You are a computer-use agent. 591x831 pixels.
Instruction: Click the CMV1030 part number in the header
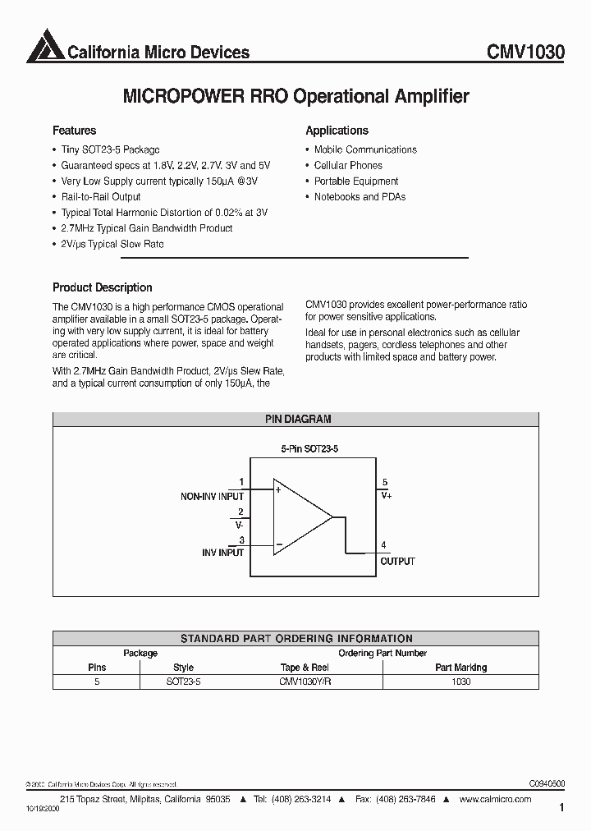pyautogui.click(x=525, y=53)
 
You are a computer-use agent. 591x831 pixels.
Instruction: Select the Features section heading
pyautogui.click(x=74, y=131)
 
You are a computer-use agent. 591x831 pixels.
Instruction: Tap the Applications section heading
pyautogui.click(x=337, y=131)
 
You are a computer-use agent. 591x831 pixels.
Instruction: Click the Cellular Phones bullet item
pyautogui.click(x=348, y=165)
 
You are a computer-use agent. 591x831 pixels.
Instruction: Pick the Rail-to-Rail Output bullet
pyautogui.click(x=100, y=197)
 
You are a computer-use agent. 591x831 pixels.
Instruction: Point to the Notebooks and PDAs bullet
pyautogui.click(x=360, y=197)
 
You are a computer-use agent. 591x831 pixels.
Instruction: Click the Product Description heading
pyautogui.click(x=102, y=287)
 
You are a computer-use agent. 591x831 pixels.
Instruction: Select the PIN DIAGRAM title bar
pyautogui.click(x=297, y=419)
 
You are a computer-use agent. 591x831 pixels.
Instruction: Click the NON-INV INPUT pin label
pyautogui.click(x=212, y=497)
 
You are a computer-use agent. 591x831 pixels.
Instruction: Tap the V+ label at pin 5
pyautogui.click(x=386, y=496)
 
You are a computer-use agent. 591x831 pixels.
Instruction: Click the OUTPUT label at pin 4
pyautogui.click(x=397, y=562)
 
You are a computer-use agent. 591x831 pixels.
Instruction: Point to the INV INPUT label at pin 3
pyautogui.click(x=222, y=553)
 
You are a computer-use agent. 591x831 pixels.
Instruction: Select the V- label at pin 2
pyautogui.click(x=239, y=524)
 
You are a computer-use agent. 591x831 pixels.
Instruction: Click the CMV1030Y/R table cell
pyautogui.click(x=304, y=682)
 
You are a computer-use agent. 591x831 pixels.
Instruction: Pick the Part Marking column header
pyautogui.click(x=460, y=668)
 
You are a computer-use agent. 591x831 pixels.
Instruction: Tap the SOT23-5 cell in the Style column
pyautogui.click(x=183, y=682)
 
